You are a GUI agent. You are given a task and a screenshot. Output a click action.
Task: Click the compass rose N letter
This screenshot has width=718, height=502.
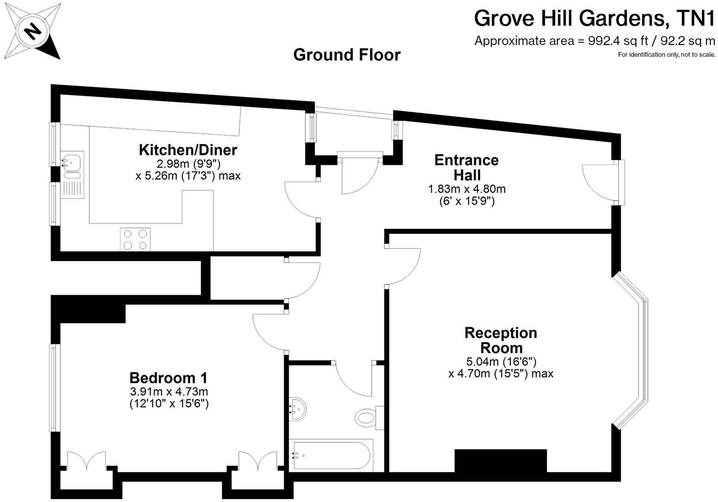tap(33, 31)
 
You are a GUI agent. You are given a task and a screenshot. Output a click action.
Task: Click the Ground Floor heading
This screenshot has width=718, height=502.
tap(347, 55)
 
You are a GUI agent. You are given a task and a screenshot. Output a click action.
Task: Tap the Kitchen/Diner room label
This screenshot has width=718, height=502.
tap(188, 150)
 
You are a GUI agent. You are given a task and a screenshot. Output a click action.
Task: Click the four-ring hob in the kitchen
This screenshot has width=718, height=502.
tap(135, 239)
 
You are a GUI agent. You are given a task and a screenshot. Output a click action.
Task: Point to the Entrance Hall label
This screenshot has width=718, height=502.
tap(466, 168)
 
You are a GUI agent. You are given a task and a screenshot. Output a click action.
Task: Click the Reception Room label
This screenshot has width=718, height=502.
tap(501, 340)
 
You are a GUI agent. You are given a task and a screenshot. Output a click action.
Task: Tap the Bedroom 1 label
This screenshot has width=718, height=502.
tap(168, 378)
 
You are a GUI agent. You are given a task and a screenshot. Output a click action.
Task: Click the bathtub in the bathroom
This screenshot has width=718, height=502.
tap(331, 455)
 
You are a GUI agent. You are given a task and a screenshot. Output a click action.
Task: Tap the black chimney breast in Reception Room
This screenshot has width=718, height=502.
tap(500, 460)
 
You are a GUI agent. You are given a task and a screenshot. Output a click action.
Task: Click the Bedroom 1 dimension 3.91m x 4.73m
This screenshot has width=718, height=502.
tap(169, 392)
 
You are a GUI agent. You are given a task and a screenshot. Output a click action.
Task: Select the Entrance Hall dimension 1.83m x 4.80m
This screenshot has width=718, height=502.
tap(467, 189)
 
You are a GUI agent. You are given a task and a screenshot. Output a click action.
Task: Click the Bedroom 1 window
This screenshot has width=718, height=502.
tap(55, 387)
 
